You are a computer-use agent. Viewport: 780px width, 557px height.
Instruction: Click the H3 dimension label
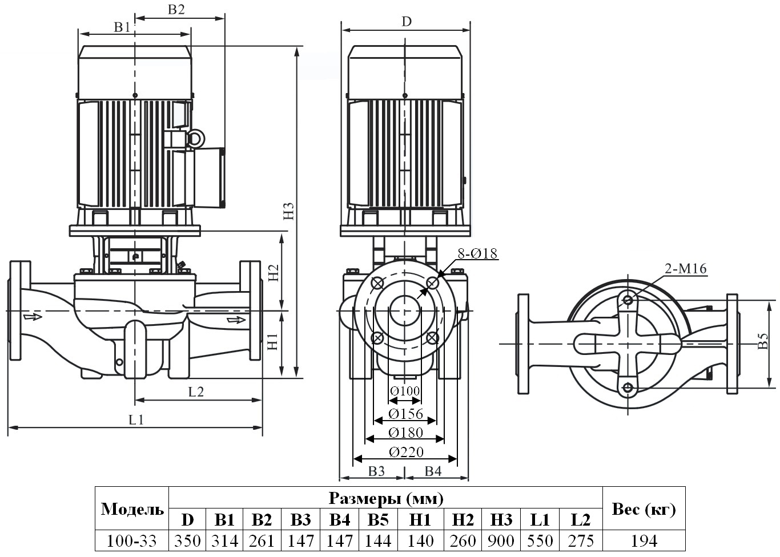coord(290,211)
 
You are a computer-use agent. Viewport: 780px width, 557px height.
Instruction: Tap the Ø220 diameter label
coord(406,452)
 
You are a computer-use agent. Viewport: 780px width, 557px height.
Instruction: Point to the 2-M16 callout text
coord(685,269)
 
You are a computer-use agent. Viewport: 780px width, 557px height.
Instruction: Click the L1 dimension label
coord(136,419)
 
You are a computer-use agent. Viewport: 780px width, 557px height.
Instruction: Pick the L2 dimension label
coord(196,391)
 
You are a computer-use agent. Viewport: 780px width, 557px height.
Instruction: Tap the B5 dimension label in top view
coord(763,342)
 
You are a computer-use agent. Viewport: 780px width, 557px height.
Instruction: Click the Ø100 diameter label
coord(405,391)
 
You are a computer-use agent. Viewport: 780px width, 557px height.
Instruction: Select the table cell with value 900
coord(501,540)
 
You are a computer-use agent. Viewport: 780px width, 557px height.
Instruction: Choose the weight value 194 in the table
coord(644,540)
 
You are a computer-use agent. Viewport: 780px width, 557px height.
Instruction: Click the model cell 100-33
coord(132,540)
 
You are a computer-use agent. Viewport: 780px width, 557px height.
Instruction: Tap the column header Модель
coord(132,509)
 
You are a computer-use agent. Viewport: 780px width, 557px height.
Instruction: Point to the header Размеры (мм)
coord(386,498)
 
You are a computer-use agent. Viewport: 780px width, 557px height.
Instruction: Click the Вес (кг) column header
coord(644,508)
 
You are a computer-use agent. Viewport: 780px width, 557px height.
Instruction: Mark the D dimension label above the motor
coord(406,22)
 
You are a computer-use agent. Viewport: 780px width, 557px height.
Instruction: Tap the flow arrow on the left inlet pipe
coord(33,316)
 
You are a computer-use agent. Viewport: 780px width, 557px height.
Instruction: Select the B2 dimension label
coord(176,9)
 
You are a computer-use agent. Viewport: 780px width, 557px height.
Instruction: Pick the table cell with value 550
coord(540,540)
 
